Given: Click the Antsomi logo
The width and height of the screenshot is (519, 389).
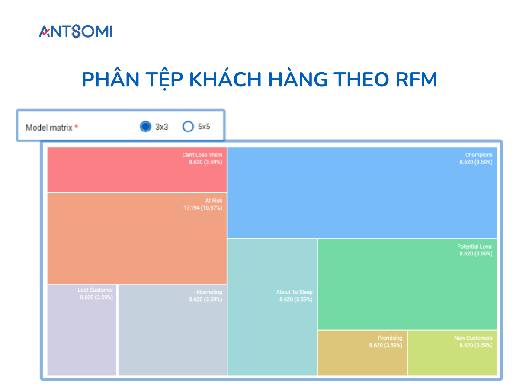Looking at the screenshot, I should [76, 32].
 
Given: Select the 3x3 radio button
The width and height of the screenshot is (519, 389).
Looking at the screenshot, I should [145, 127].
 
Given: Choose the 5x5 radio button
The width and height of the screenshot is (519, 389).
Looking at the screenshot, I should [188, 127].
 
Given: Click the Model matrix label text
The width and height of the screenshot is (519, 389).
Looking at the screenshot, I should [49, 128].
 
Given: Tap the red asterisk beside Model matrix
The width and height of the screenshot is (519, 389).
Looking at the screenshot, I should [77, 127].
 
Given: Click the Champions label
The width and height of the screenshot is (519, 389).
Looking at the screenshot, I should [478, 155].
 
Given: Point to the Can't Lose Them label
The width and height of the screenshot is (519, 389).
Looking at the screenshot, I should [202, 155].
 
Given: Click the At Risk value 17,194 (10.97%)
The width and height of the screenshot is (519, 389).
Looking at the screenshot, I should [202, 208].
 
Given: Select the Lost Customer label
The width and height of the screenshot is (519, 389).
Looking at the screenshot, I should [95, 290].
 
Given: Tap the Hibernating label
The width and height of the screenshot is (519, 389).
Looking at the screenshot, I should [208, 292].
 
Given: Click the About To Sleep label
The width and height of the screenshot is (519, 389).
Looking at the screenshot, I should [294, 292].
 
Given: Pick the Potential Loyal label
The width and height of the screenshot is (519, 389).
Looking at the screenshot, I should [474, 246].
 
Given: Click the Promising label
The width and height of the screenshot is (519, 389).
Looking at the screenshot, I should [390, 338].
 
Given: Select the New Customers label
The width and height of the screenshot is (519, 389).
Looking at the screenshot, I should [473, 338].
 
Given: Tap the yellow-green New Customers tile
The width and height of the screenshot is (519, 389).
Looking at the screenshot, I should [452, 359].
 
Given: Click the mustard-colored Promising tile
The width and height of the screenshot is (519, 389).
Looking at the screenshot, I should [362, 359].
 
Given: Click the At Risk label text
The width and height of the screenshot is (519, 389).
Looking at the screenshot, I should [214, 201].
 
